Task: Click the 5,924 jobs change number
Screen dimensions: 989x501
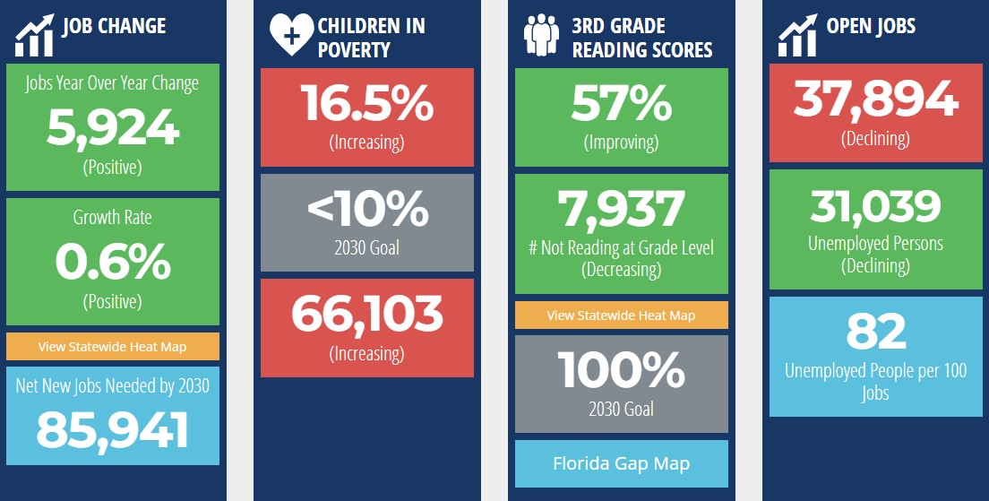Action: (x=113, y=128)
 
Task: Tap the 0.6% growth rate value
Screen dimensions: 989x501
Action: (x=113, y=263)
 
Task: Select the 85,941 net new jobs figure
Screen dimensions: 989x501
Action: (x=113, y=430)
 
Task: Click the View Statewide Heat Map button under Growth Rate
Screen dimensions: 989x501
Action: (x=113, y=347)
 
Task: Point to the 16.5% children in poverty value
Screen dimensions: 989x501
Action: (x=367, y=103)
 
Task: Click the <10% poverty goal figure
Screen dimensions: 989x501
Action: (x=367, y=210)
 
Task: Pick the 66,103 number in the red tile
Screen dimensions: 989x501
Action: (x=367, y=315)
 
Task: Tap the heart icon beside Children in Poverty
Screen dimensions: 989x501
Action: (x=291, y=35)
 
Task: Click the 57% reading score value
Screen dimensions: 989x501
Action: (x=622, y=103)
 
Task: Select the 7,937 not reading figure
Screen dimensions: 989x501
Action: (x=622, y=209)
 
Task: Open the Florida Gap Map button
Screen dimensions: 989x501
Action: (x=622, y=463)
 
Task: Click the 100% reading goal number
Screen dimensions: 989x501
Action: (x=622, y=370)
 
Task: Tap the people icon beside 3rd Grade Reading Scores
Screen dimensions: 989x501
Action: (x=542, y=34)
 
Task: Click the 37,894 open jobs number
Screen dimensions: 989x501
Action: (x=876, y=99)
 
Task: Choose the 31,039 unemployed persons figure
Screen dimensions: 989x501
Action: (x=876, y=206)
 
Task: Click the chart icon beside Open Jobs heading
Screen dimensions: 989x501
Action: (x=798, y=35)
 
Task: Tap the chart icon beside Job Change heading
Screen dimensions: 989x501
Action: (x=35, y=35)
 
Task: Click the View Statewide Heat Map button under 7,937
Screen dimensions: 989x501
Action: (x=622, y=315)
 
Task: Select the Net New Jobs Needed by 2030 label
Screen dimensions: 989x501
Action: (x=113, y=385)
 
